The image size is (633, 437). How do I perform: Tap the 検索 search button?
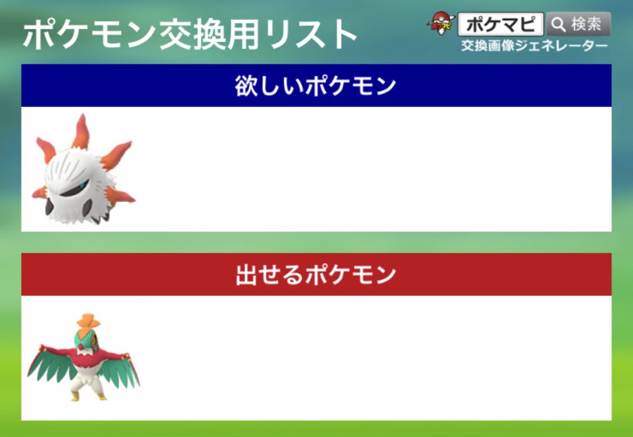(x=579, y=24)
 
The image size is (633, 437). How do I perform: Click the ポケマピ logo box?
(x=501, y=24)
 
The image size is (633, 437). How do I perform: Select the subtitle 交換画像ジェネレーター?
(x=534, y=46)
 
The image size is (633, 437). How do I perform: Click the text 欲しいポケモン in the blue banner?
(x=315, y=86)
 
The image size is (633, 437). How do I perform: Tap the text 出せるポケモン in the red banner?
(x=316, y=276)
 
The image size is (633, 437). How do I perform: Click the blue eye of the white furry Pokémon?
(x=82, y=185)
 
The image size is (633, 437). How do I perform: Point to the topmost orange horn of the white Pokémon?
(x=82, y=131)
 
